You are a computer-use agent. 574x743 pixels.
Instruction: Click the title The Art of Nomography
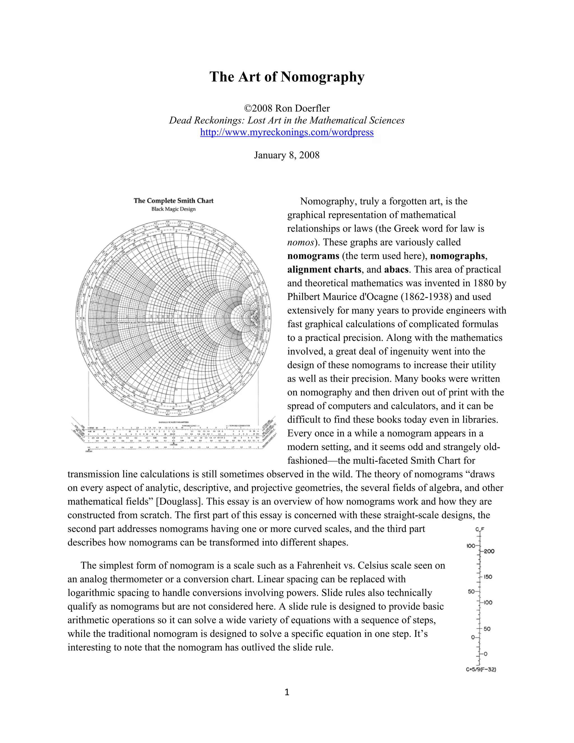pos(287,77)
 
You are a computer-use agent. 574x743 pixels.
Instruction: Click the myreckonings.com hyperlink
pos(287,132)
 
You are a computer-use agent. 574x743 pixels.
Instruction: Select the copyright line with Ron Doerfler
pos(287,109)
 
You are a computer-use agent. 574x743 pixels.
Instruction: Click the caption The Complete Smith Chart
pos(173,201)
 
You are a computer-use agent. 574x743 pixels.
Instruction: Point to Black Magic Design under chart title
pos(173,209)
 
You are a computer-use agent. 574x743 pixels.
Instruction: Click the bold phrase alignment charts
pos(324,269)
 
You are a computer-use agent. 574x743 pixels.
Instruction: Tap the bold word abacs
pos(396,269)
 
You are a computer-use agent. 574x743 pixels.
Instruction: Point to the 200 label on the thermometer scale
pos(489,552)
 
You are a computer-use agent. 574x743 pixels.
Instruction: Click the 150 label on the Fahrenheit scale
pos(488,577)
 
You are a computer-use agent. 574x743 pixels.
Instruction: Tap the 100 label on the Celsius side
pos(471,546)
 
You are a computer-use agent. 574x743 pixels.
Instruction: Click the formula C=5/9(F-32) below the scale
pos(480,670)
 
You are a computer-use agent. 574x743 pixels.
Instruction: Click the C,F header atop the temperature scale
pos(480,529)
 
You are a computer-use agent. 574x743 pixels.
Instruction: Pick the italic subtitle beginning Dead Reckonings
pos(287,121)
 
